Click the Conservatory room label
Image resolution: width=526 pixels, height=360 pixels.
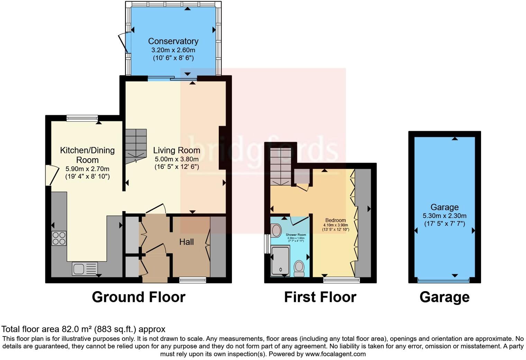[173, 41]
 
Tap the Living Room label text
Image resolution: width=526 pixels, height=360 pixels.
[176, 150]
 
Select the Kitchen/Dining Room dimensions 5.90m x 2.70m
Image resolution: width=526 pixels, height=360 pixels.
[87, 169]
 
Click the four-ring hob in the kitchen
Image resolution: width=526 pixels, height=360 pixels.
[59, 238]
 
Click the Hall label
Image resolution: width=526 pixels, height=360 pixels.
[186, 242]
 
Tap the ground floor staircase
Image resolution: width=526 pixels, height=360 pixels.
[136, 145]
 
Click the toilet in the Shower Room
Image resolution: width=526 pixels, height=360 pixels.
[299, 268]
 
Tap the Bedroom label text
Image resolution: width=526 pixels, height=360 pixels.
[335, 220]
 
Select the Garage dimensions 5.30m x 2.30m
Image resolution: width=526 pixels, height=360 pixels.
[444, 216]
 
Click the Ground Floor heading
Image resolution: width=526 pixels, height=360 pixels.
[138, 297]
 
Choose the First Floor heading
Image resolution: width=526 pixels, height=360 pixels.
[320, 297]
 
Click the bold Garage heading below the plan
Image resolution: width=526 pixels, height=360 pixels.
[444, 297]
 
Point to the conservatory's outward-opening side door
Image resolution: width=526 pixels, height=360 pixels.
[123, 43]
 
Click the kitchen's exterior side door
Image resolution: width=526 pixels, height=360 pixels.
[50, 175]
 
